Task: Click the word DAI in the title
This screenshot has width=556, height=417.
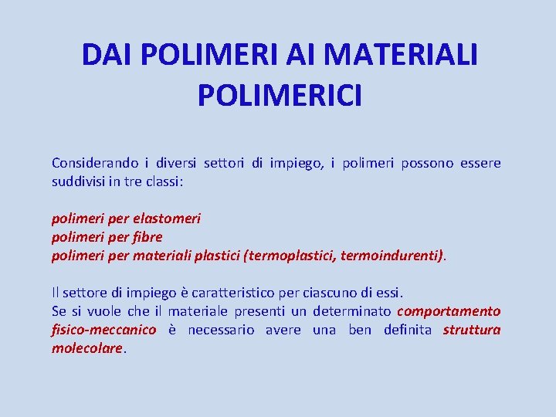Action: [x=108, y=55]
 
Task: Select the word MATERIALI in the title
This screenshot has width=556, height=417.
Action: [x=401, y=55]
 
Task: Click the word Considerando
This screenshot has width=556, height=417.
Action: [x=95, y=163]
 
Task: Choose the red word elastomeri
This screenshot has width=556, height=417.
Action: [x=167, y=219]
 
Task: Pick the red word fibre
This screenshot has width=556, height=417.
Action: [x=147, y=237]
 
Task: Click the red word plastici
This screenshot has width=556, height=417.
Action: [x=215, y=256]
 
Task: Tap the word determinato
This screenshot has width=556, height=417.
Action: [x=351, y=311]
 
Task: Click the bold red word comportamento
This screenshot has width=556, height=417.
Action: [x=449, y=311]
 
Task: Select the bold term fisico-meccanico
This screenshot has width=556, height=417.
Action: [x=103, y=330]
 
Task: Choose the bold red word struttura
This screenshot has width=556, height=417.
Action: [x=472, y=330]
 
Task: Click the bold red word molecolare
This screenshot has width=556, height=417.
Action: [x=86, y=348]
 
